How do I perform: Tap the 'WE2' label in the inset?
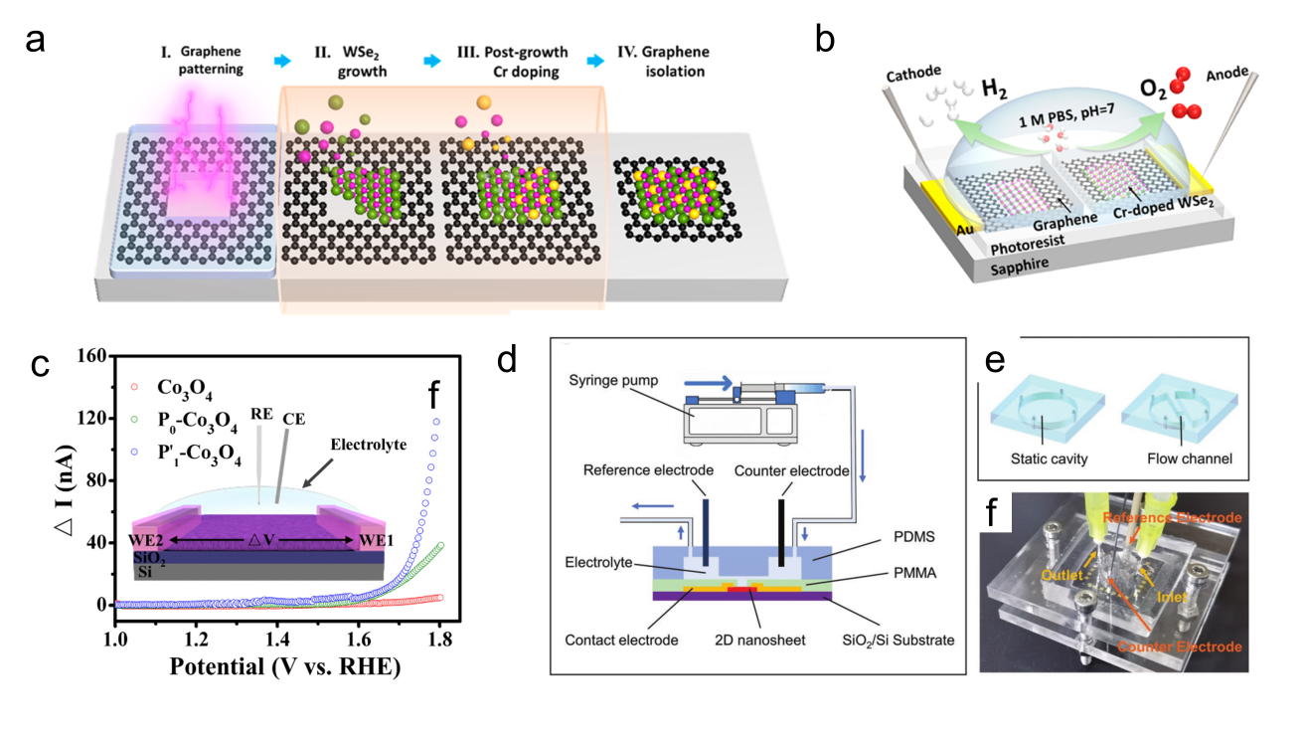coord(151,540)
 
